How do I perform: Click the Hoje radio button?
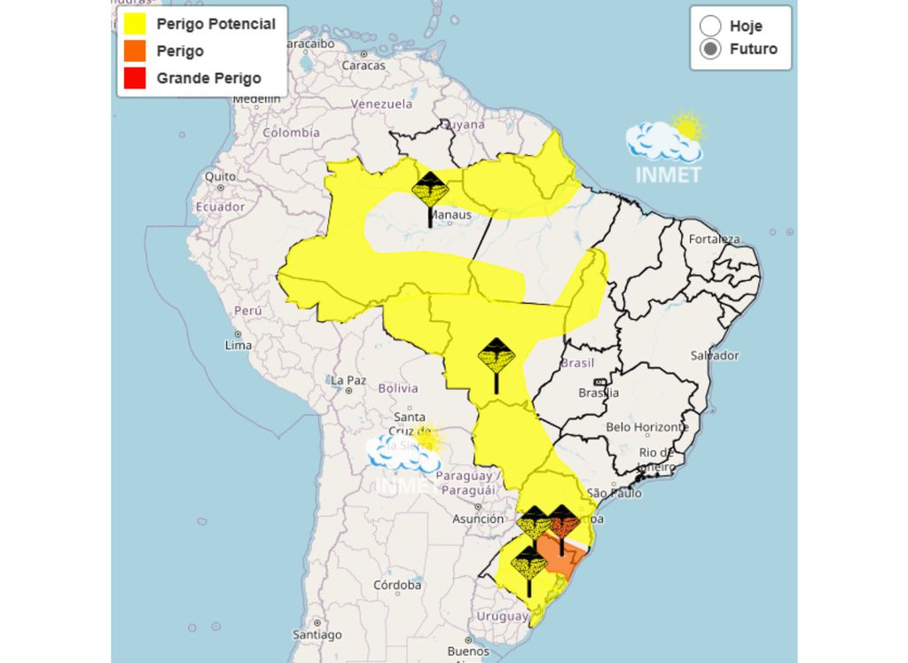(x=710, y=25)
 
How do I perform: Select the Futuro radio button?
(x=710, y=50)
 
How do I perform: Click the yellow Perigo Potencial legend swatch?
(x=136, y=24)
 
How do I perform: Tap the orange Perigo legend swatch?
(x=136, y=51)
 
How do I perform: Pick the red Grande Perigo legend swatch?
(x=136, y=78)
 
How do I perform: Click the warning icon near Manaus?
(x=431, y=191)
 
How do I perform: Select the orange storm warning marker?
(x=562, y=522)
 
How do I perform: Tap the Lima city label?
(x=239, y=345)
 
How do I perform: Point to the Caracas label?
(x=364, y=65)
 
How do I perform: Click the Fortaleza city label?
(x=714, y=239)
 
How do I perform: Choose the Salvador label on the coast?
(x=715, y=355)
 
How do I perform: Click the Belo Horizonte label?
(x=646, y=427)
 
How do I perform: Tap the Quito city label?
(x=221, y=176)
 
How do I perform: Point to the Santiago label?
(x=317, y=635)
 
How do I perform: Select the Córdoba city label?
(x=396, y=585)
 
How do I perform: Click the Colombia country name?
(x=290, y=133)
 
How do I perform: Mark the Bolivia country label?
(x=397, y=388)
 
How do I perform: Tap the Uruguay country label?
(x=502, y=616)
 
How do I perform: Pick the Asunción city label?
(x=478, y=519)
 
